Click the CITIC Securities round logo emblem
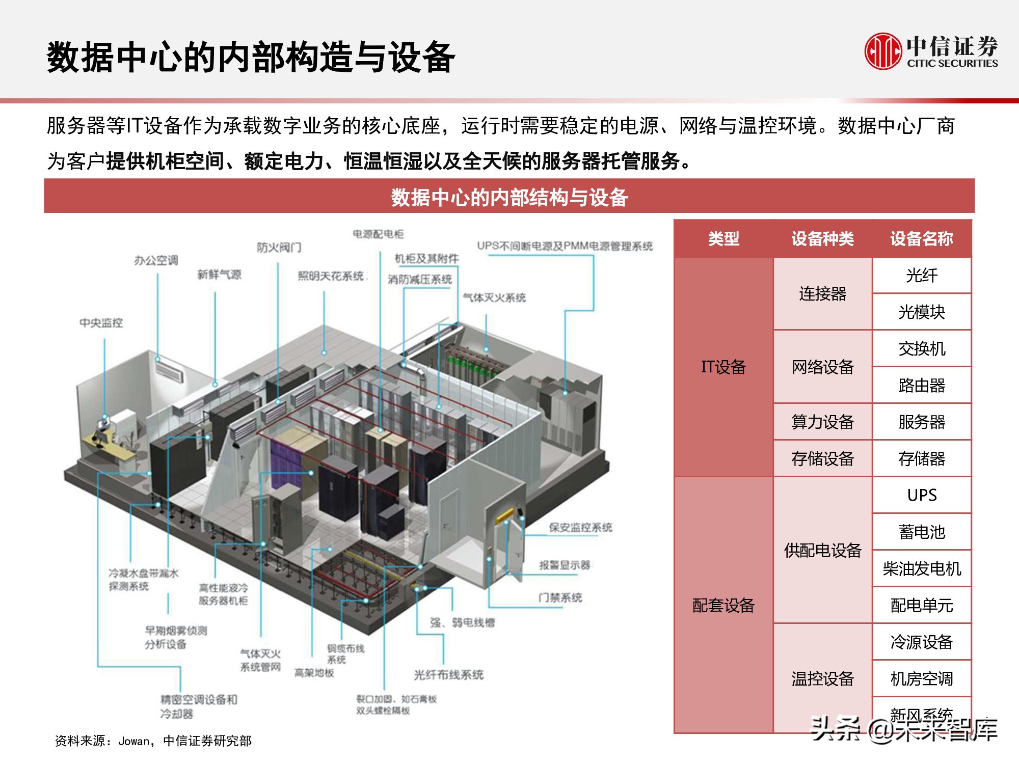pyautogui.click(x=882, y=51)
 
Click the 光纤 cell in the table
pyautogui.click(x=921, y=276)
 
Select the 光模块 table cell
pyautogui.click(x=921, y=312)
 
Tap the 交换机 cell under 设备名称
pyautogui.click(x=921, y=349)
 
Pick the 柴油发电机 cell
pyautogui.click(x=921, y=568)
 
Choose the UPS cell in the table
pyautogui.click(x=921, y=495)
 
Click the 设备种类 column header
pyautogui.click(x=822, y=238)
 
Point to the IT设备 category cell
pyautogui.click(x=723, y=367)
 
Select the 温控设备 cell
pyautogui.click(x=822, y=678)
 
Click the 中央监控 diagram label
pyautogui.click(x=101, y=323)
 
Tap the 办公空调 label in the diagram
pyautogui.click(x=156, y=261)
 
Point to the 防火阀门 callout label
pyautogui.click(x=279, y=248)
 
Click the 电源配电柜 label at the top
pyautogui.click(x=378, y=234)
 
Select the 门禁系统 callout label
pyautogui.click(x=560, y=597)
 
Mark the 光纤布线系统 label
pyautogui.click(x=448, y=675)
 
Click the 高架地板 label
pyautogui.click(x=314, y=673)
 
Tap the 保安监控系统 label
pyautogui.click(x=580, y=528)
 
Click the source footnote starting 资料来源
pyautogui.click(x=153, y=741)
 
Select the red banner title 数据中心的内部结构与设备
pyautogui.click(x=509, y=197)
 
